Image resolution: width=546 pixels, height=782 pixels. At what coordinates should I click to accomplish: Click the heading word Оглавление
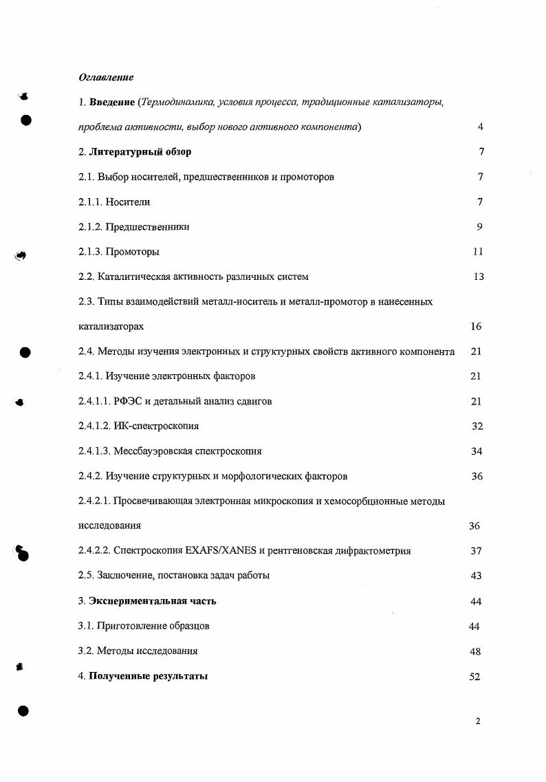tap(106, 77)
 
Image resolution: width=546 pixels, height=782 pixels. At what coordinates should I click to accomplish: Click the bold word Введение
tap(112, 102)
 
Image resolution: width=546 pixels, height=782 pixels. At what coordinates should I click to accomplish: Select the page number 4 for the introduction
tap(480, 127)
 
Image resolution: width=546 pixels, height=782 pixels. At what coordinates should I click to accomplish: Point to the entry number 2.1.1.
tap(89, 202)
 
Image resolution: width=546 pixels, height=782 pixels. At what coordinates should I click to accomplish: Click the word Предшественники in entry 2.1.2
tap(147, 227)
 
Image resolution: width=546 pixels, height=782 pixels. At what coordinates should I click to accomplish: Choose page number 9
tap(479, 227)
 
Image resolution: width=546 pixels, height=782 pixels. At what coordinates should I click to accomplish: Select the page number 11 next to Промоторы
tap(478, 252)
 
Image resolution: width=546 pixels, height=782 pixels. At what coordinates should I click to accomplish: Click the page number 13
tap(478, 276)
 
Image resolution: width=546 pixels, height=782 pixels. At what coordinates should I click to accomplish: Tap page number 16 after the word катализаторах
tap(476, 327)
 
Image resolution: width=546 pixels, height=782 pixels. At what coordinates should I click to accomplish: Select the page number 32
tap(477, 426)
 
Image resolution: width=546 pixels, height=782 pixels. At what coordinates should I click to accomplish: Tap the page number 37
tap(476, 551)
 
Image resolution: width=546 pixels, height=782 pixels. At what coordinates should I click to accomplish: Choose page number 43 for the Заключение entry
tap(476, 576)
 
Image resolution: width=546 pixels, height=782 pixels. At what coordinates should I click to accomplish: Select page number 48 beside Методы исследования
tap(475, 651)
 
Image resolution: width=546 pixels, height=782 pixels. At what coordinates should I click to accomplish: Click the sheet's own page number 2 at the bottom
tap(477, 721)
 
